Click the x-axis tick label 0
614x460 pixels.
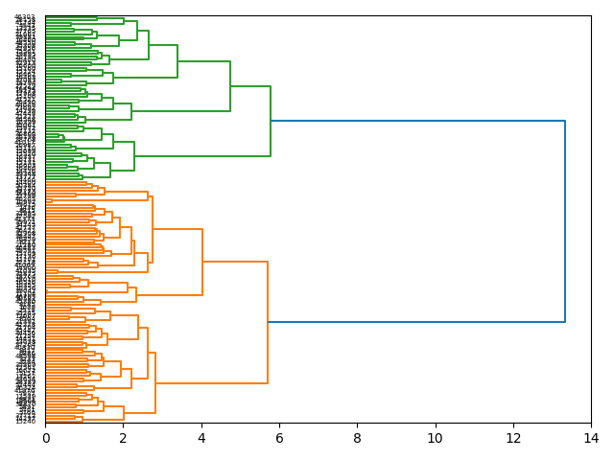(x=45, y=437)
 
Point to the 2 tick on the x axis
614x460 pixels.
(x=123, y=437)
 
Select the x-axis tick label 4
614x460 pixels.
(x=201, y=437)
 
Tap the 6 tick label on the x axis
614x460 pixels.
(x=279, y=437)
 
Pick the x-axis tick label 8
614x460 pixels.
(x=357, y=437)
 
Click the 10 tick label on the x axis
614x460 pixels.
(x=435, y=437)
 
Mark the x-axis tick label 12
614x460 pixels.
(x=513, y=437)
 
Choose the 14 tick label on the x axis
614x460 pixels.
(x=591, y=437)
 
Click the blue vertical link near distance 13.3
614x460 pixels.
(x=565, y=221)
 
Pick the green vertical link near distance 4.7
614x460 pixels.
(x=230, y=86)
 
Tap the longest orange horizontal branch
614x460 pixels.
(x=211, y=383)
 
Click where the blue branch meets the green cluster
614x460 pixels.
(x=271, y=121)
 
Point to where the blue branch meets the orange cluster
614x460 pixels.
(x=268, y=322)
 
